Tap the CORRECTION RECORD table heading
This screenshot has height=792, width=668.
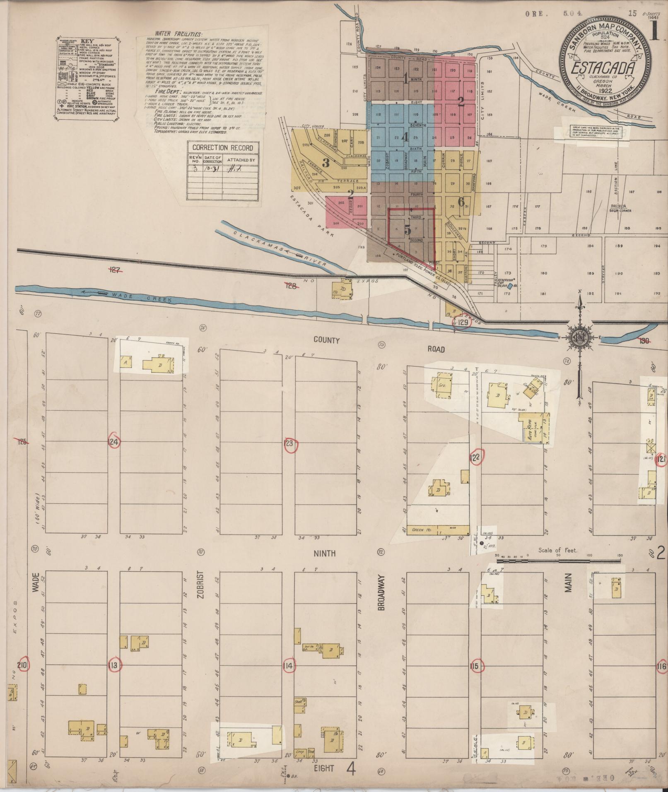222,148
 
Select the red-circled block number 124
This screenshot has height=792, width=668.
113,442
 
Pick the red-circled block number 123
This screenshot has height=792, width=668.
289,443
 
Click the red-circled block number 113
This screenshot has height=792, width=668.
113,666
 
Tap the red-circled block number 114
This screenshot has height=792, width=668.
289,666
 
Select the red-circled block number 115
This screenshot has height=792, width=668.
475,666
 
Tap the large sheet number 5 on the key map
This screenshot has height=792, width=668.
408,229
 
